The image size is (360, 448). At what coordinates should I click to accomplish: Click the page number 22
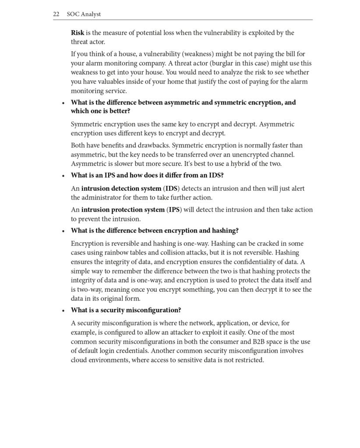point(56,14)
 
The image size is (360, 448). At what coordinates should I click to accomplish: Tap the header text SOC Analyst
point(84,14)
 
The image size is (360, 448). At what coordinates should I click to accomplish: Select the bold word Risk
point(78,33)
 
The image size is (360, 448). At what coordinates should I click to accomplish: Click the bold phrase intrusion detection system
point(121,189)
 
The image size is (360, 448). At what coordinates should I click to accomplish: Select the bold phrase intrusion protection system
point(123,210)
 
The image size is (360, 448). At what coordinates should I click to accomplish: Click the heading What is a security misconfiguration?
point(126,310)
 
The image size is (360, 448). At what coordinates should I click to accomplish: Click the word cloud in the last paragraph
point(80,360)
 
